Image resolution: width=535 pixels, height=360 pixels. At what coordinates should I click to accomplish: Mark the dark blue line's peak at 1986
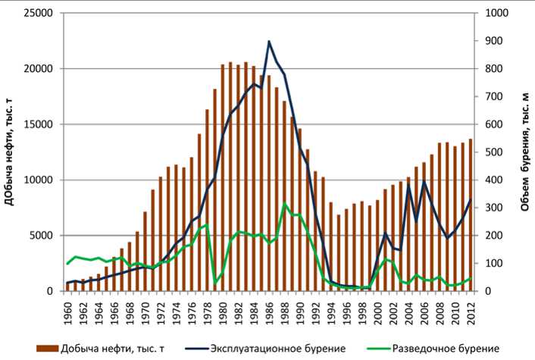(270, 41)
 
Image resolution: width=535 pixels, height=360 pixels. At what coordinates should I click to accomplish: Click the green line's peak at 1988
(285, 204)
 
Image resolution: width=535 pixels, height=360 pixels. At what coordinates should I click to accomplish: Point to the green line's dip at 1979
(216, 283)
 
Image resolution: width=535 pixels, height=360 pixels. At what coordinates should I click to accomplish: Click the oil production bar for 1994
(331, 247)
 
